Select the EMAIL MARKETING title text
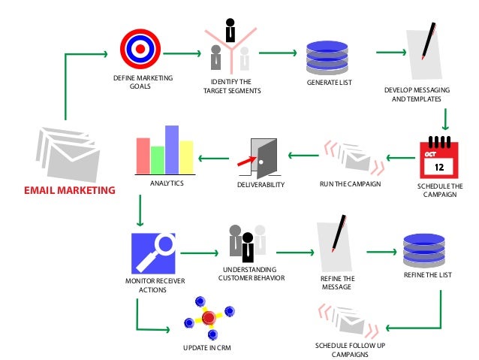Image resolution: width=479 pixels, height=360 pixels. tap(70, 190)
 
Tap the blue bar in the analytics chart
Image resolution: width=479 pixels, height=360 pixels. tap(171, 149)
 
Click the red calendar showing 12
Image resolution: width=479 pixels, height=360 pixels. tap(439, 156)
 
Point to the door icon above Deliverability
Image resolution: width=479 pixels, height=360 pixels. tap(259, 156)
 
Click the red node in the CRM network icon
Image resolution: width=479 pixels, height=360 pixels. tap(209, 317)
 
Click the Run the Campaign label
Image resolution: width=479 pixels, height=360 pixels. tap(350, 184)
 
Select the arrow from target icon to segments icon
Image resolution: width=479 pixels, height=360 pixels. tap(182, 54)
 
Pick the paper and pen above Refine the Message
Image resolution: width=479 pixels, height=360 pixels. tap(333, 245)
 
